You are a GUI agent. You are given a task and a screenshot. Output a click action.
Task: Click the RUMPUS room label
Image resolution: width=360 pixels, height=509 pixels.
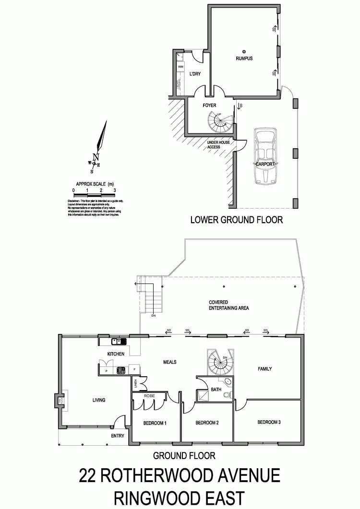pyautogui.click(x=244, y=59)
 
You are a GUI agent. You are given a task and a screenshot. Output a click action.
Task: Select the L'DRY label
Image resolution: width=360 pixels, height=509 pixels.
pyautogui.click(x=195, y=74)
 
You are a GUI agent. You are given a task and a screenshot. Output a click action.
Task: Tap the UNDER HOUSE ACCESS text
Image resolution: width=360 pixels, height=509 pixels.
pyautogui.click(x=214, y=145)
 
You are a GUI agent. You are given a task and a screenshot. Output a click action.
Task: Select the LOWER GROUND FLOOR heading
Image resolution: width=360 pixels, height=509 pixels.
pyautogui.click(x=237, y=220)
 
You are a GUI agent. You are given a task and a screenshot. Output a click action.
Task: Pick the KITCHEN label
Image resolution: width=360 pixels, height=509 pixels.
pyautogui.click(x=116, y=354)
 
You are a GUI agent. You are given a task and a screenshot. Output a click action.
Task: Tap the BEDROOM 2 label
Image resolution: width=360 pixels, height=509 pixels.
pyautogui.click(x=207, y=423)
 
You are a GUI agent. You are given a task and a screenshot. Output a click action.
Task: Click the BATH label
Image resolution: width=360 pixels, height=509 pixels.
pyautogui.click(x=216, y=390)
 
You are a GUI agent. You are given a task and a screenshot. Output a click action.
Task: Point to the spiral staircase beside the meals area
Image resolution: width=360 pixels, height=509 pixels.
pyautogui.click(x=219, y=363)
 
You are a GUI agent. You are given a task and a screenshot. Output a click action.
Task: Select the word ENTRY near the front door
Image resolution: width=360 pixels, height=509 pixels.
pyautogui.click(x=117, y=436)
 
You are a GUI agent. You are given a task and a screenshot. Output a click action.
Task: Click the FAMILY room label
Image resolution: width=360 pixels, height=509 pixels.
pyautogui.click(x=264, y=369)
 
